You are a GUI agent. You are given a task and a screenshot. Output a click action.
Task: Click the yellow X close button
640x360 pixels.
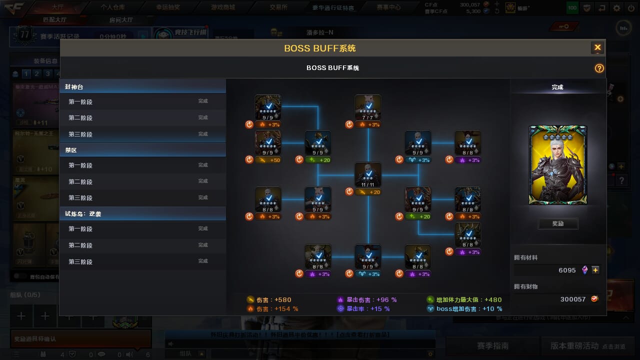pos(597,47)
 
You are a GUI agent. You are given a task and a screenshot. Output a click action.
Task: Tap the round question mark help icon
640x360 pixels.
pos(599,68)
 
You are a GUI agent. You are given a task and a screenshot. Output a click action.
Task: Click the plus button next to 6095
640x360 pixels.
pos(595,270)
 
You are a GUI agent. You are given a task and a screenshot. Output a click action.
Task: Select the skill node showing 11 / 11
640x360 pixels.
pos(368,175)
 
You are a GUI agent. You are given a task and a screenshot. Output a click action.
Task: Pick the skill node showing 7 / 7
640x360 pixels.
pos(368,107)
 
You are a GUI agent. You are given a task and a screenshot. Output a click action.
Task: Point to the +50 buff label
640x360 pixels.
pos(268,160)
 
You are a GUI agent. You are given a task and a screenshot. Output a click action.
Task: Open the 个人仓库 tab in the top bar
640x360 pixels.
pos(112,7)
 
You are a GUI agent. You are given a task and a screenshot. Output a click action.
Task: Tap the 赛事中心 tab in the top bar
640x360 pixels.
pos(388,7)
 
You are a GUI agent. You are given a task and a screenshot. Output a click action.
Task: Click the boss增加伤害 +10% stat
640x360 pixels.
pos(465,309)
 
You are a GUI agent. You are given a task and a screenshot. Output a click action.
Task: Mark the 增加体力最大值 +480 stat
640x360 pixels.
pos(465,300)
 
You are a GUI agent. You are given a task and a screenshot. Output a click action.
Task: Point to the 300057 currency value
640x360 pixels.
pos(572,299)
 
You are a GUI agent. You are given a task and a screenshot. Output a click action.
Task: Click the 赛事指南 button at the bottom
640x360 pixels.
pos(492,345)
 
